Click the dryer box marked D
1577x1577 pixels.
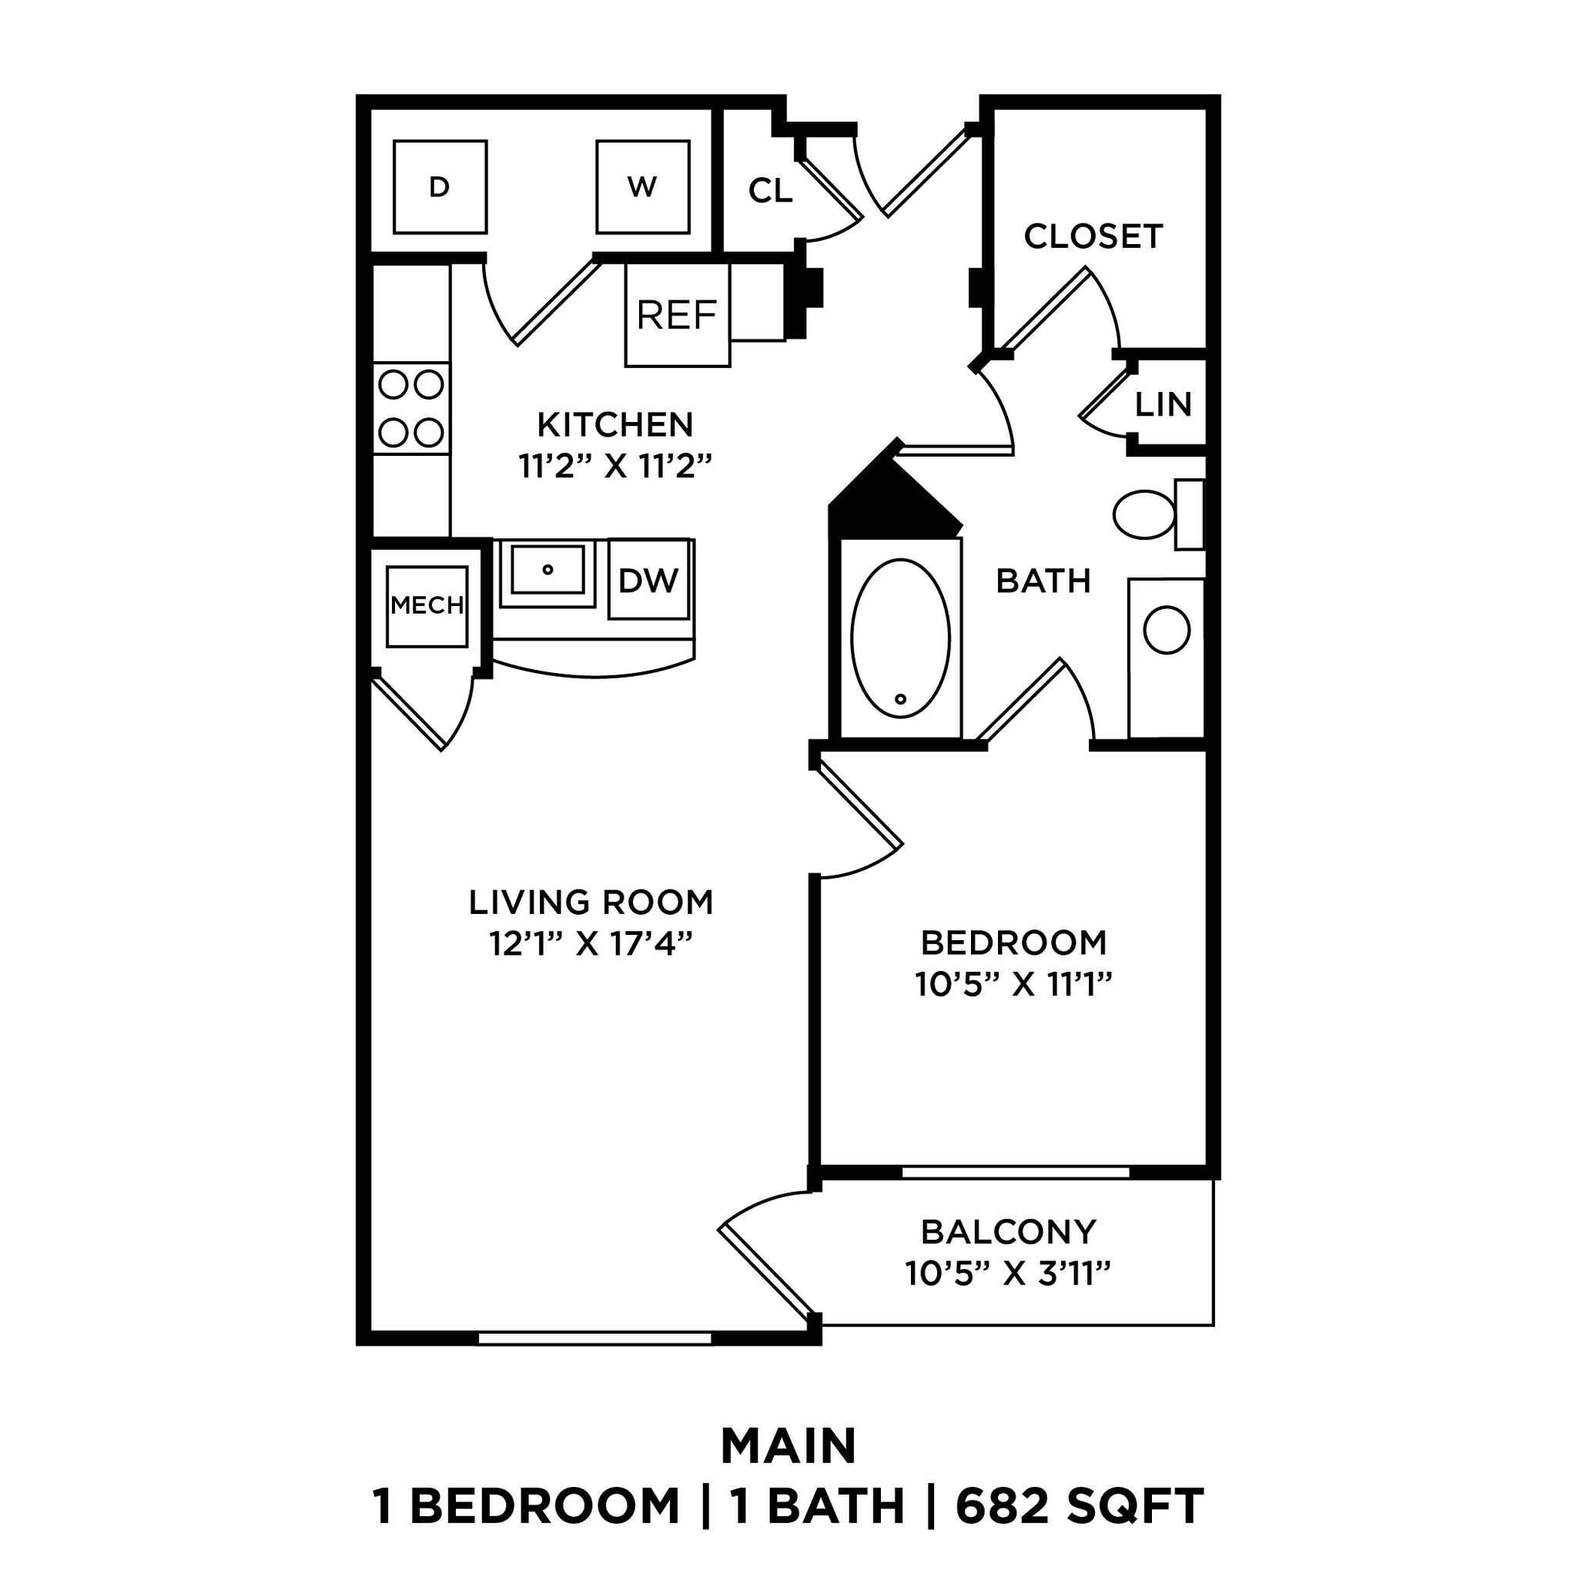click(439, 187)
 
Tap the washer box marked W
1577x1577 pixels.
click(641, 187)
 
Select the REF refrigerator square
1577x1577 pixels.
click(677, 315)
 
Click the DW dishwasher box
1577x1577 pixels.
click(649, 580)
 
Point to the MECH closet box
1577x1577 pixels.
click(427, 606)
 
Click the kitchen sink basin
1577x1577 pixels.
click(547, 569)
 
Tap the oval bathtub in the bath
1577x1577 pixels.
click(900, 638)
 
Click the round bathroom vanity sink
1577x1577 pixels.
click(1167, 630)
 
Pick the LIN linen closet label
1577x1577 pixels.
click(1163, 404)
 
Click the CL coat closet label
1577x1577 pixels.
click(770, 191)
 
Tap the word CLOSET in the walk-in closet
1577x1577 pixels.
click(1093, 236)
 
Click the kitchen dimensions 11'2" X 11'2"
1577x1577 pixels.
click(615, 467)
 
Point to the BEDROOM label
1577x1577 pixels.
click(1014, 943)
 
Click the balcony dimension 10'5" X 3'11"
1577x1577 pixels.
click(1008, 1274)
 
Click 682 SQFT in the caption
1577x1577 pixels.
click(1080, 1507)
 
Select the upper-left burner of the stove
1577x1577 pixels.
click(393, 383)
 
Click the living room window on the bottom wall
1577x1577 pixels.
click(594, 1338)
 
